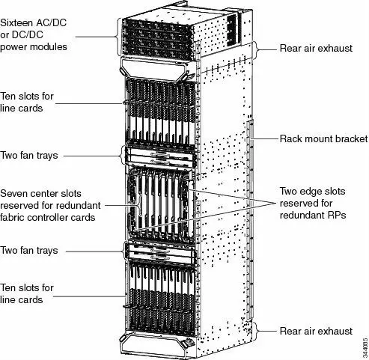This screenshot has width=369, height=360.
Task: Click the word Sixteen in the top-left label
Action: pyautogui.click(x=19, y=9)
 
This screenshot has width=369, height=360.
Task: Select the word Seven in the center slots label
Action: pyautogui.click(x=16, y=191)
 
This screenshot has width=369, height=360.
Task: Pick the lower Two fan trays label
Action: pyautogui.click(x=30, y=250)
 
